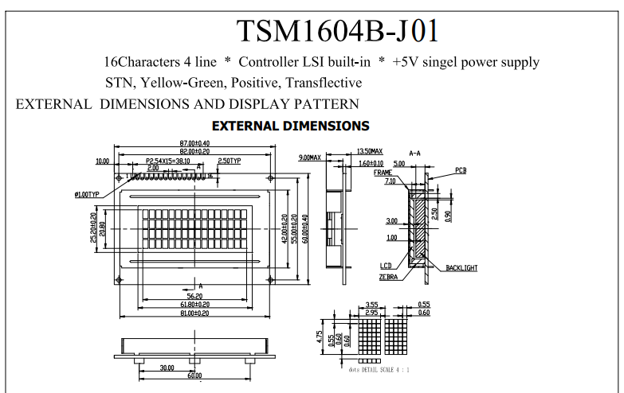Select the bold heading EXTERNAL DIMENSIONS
point(290,126)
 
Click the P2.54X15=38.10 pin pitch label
point(168,160)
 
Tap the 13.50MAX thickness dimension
point(369,151)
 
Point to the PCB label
point(461,171)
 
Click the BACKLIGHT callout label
point(461,268)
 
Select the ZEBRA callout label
point(389,277)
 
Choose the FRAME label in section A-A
point(383,172)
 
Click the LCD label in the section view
point(386,266)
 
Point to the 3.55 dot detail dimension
point(371,304)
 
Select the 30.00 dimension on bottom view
point(166,368)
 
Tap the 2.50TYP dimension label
point(230,161)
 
